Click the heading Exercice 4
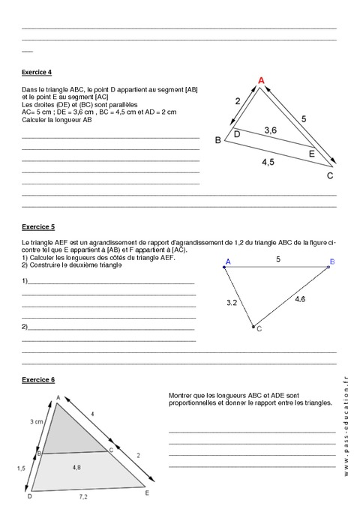tap(37, 73)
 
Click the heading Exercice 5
tap(37, 226)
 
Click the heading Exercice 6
tap(37, 380)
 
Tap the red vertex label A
tap(261, 80)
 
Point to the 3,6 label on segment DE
tap(270, 130)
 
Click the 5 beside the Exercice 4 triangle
tap(304, 118)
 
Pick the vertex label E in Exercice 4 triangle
tap(312, 154)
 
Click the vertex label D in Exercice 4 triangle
tap(235, 134)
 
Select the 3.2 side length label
tap(232, 303)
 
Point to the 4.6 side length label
tap(299, 299)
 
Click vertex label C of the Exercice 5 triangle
tap(259, 328)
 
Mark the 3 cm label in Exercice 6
tap(36, 423)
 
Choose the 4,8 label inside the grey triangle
tap(78, 467)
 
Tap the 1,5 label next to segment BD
tap(22, 468)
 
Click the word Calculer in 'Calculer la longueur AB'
tap(34, 119)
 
